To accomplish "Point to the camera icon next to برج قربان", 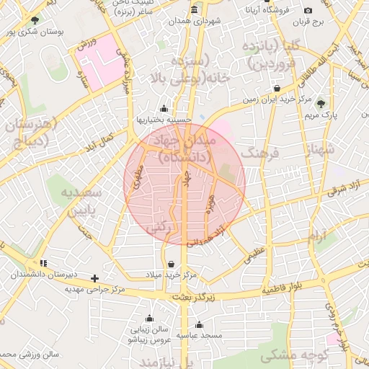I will coord(308,10).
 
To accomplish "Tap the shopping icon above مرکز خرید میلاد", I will coord(171,264).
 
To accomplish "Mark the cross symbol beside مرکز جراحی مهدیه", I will coord(94,277).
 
